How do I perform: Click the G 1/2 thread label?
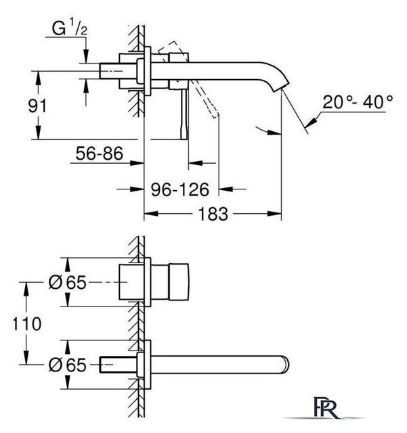click(70, 28)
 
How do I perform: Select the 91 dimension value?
click(37, 106)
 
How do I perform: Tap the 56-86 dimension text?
click(100, 154)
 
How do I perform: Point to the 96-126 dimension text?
click(179, 189)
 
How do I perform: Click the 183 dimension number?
click(213, 214)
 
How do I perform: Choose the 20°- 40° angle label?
click(358, 102)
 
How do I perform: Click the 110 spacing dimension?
click(27, 323)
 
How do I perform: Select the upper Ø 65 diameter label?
click(68, 282)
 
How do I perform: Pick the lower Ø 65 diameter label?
click(68, 365)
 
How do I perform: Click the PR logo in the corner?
click(326, 407)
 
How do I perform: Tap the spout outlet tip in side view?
click(282, 86)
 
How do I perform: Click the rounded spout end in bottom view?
click(285, 365)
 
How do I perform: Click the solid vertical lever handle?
click(184, 114)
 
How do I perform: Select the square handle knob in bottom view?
click(179, 282)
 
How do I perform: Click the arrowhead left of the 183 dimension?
click(151, 214)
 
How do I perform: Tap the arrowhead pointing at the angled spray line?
click(311, 122)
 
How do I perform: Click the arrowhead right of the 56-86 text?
click(137, 163)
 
